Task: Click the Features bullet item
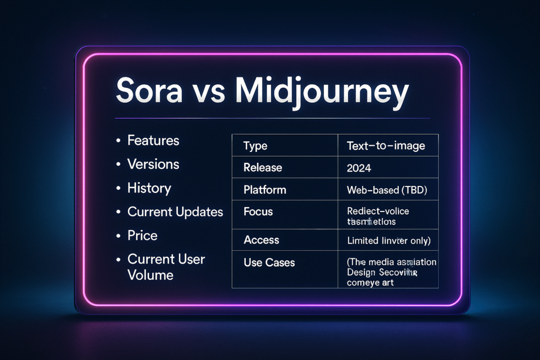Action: point(153,141)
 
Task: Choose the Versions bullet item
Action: point(153,164)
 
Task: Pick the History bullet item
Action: point(149,188)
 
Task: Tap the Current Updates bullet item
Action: point(175,212)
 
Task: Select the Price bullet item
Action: point(142,236)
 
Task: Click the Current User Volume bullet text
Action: point(166,267)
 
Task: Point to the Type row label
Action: point(255,146)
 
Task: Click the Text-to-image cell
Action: point(385,146)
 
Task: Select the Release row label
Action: point(263,168)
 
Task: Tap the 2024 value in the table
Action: point(359,169)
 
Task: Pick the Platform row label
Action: point(265,190)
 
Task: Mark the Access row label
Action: point(261,240)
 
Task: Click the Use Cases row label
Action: point(269,262)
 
